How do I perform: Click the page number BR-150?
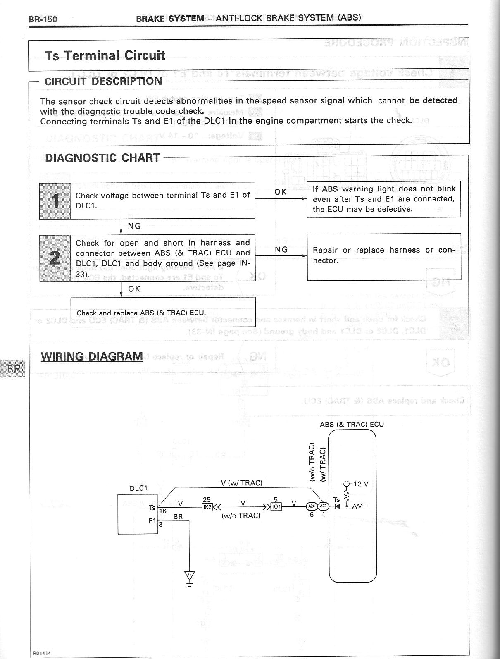pyautogui.click(x=43, y=19)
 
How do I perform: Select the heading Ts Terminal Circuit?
pyautogui.click(x=105, y=55)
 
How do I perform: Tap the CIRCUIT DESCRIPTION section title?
pyautogui.click(x=103, y=81)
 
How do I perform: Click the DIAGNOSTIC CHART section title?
pyautogui.click(x=102, y=158)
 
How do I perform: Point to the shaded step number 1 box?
pyautogui.click(x=55, y=201)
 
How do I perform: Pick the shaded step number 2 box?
pyautogui.click(x=55, y=258)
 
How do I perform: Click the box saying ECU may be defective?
pyautogui.click(x=383, y=199)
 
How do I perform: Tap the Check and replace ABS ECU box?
pyautogui.click(x=163, y=312)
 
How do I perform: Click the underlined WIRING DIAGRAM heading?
pyautogui.click(x=92, y=356)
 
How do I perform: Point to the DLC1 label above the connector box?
pyautogui.click(x=138, y=488)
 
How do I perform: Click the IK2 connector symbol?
pyautogui.click(x=207, y=506)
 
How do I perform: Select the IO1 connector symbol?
pyautogui.click(x=276, y=506)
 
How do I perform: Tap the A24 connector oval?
pyautogui.click(x=311, y=506)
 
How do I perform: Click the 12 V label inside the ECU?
pyautogui.click(x=360, y=484)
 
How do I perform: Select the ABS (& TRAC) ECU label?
pyautogui.click(x=352, y=424)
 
